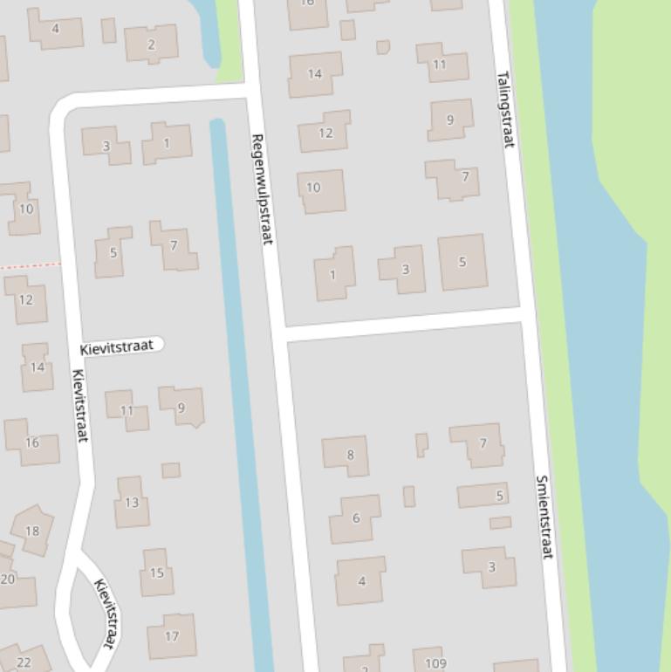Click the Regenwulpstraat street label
click(x=263, y=189)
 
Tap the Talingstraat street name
click(x=505, y=109)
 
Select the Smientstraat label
click(x=544, y=517)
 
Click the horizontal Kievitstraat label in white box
click(x=118, y=346)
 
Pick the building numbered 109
click(x=435, y=662)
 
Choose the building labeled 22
click(x=23, y=661)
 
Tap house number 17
click(x=171, y=636)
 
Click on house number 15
click(x=157, y=573)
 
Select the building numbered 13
click(x=132, y=502)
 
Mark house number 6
click(x=355, y=518)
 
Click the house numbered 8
click(x=347, y=455)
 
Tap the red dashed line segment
click(x=31, y=264)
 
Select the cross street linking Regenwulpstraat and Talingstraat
click(x=403, y=323)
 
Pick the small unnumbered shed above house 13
click(x=171, y=470)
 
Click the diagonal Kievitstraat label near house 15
click(x=106, y=614)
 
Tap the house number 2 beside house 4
click(x=151, y=44)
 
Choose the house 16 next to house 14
click(x=32, y=442)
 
